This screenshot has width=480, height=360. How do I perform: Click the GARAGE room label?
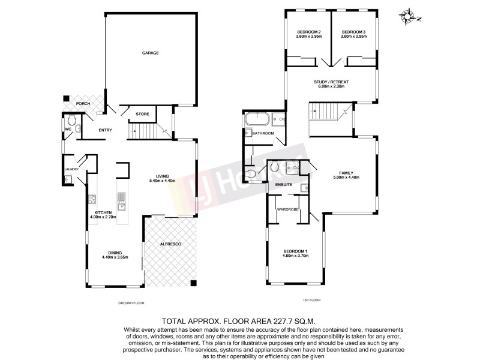[150, 53]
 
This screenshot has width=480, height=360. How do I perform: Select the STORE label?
[142, 114]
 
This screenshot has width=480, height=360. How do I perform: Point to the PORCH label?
[83, 104]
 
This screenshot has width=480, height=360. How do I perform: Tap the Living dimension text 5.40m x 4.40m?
[162, 180]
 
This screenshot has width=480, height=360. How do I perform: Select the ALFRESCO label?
[169, 245]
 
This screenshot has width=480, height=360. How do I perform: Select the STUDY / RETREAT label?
[331, 87]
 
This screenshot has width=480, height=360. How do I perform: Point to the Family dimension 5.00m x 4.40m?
[346, 178]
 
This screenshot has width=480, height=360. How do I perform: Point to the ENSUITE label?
[283, 185]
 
